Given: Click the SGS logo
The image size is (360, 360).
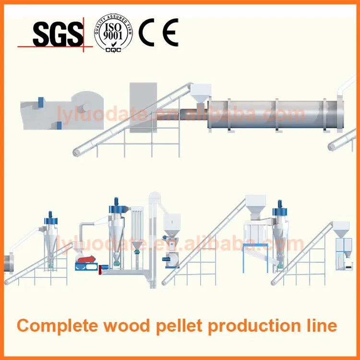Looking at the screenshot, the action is pos(57,34).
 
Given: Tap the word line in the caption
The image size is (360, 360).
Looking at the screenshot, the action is pos(321,326).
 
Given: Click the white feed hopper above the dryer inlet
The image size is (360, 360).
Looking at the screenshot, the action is pos(200,92).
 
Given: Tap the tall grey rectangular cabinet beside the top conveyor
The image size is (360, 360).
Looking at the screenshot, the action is pos(143,107).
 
